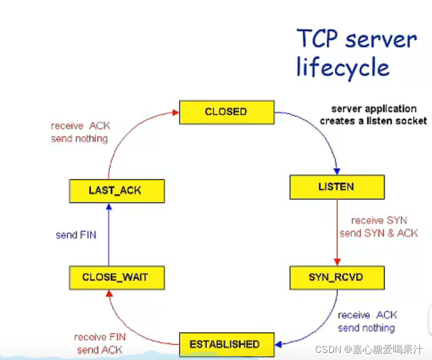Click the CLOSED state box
point(226,112)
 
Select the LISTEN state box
point(336,187)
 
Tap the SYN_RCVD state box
point(336,277)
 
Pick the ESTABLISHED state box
point(226,344)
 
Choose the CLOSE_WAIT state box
point(116,277)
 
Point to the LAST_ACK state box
point(116,191)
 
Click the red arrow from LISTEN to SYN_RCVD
point(336,232)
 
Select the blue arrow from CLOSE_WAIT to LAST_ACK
point(109,235)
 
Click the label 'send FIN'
point(76,235)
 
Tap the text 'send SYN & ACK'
point(379,233)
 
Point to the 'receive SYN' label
point(379,220)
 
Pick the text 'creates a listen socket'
point(373,121)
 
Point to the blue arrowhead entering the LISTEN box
point(336,171)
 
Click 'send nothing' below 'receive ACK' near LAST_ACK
point(80,138)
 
